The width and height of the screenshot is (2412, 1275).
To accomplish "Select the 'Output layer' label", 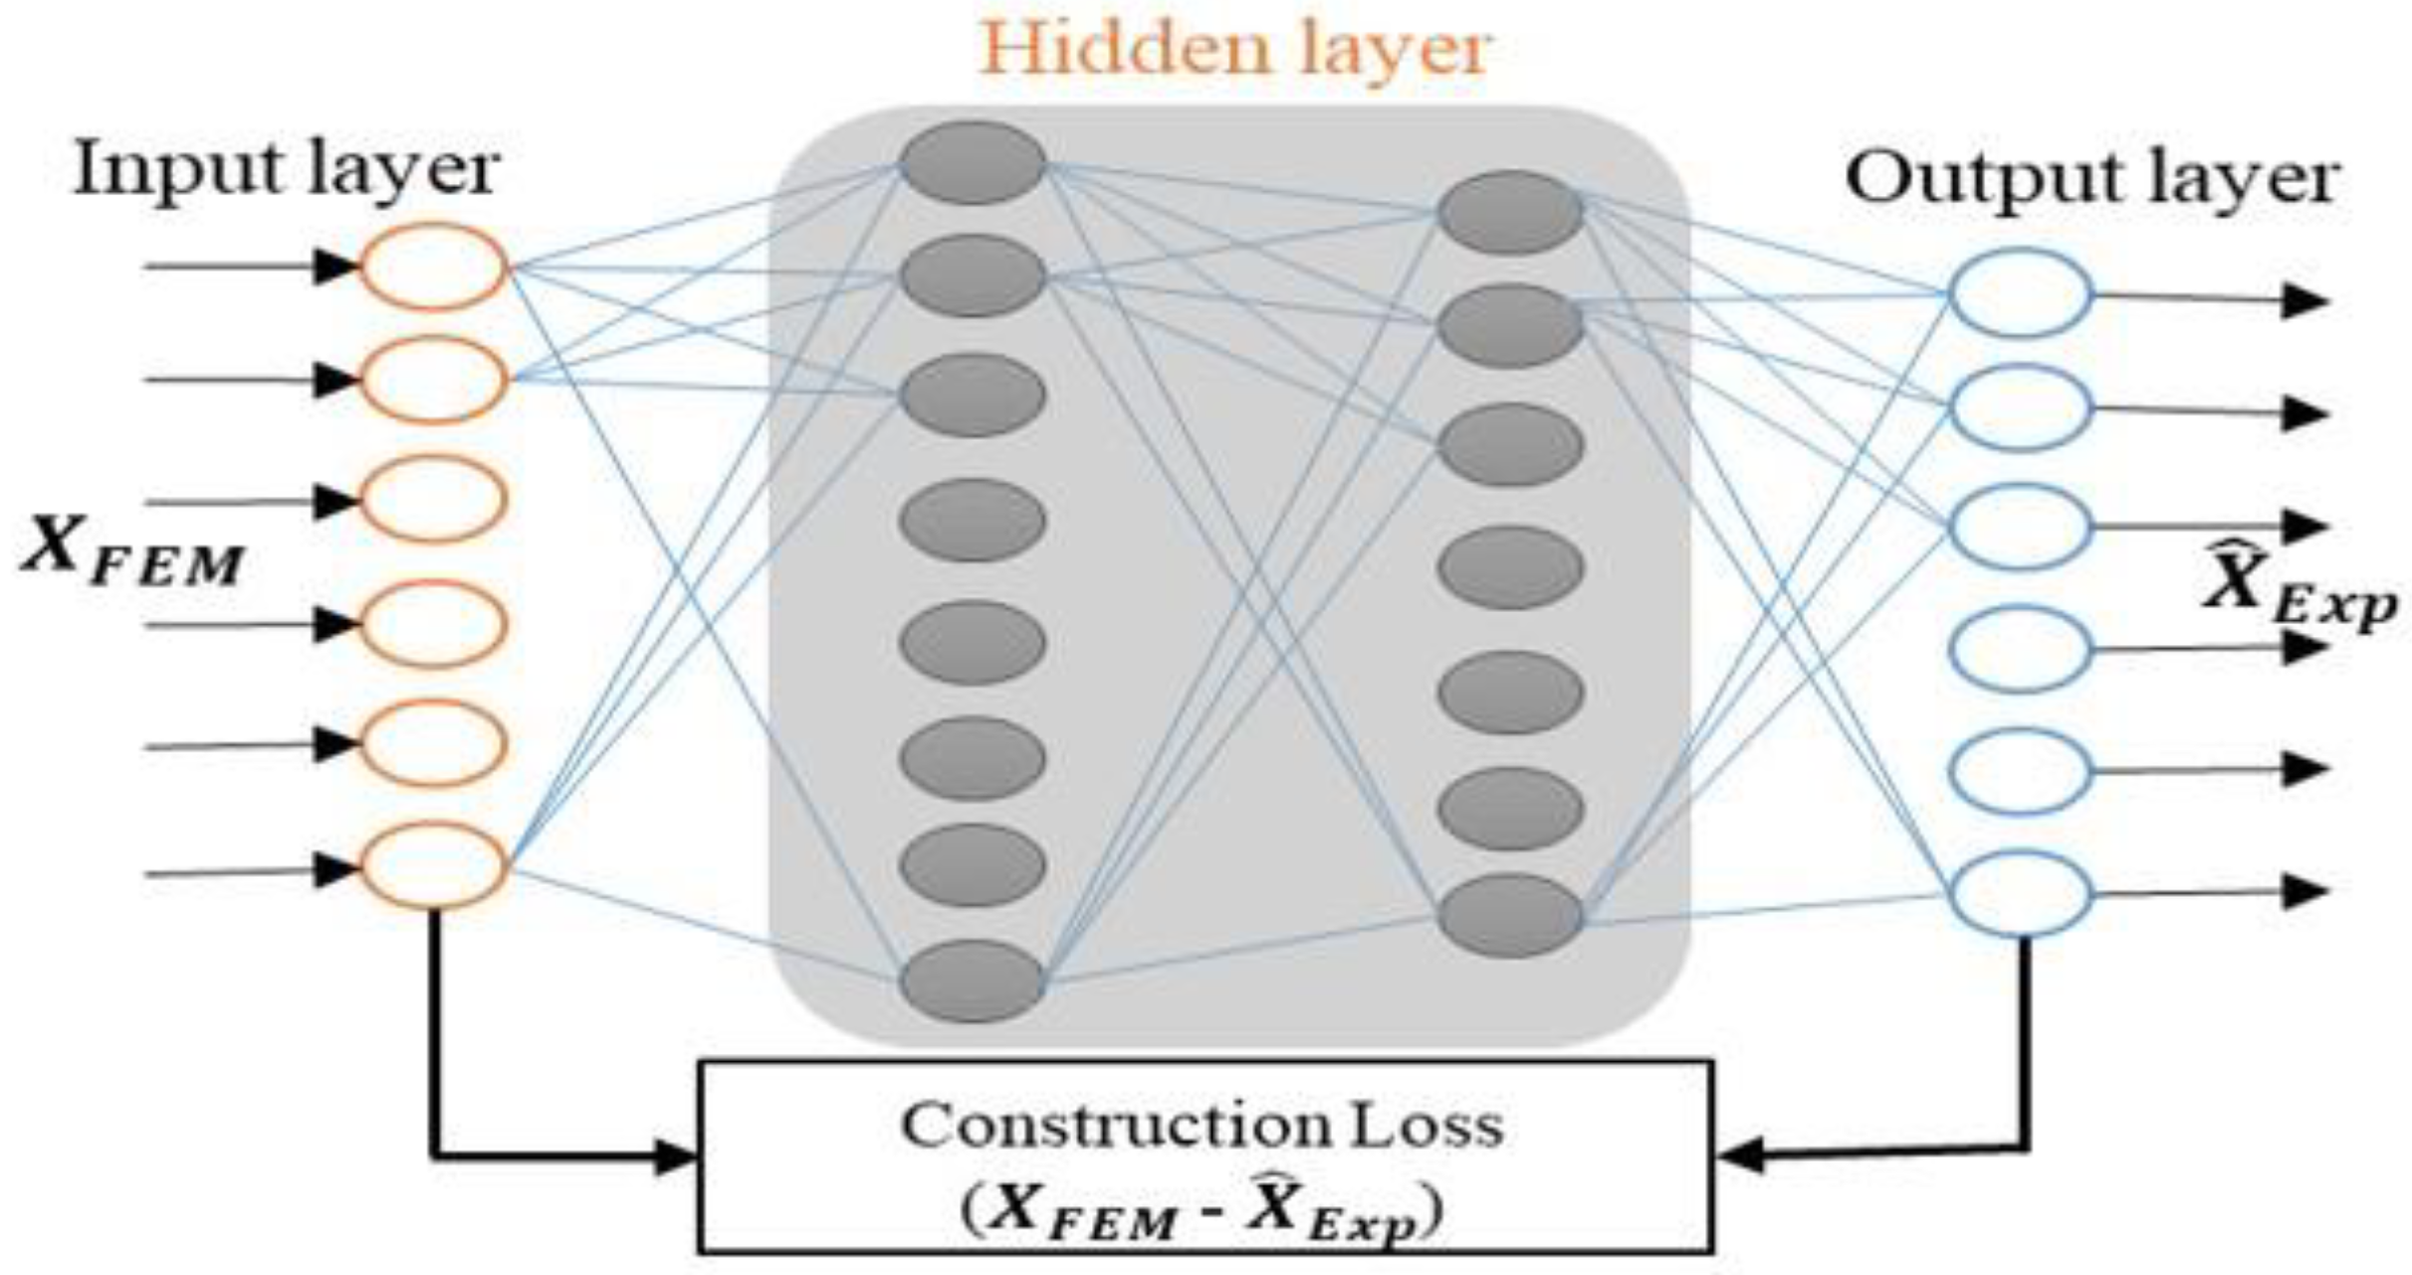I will [2090, 179].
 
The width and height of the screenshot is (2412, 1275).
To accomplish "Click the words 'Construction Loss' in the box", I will [1202, 1126].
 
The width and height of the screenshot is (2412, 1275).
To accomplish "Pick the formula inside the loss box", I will [1202, 1209].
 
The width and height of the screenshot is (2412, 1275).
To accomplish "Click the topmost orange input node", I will [434, 267].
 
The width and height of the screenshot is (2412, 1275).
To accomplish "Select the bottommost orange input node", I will [434, 865].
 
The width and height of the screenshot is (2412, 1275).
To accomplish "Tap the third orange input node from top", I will [434, 499].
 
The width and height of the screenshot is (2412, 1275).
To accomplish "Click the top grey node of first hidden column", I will [973, 163].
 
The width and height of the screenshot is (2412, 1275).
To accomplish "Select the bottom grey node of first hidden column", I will [973, 981].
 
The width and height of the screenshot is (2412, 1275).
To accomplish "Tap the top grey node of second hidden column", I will [1511, 211].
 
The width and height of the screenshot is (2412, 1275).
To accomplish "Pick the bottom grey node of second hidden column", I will [1511, 916].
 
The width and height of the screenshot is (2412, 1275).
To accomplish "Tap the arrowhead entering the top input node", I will [335, 266].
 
